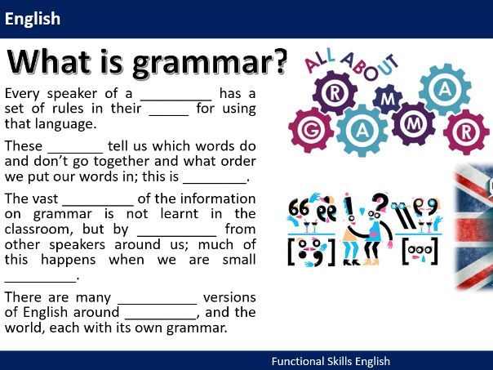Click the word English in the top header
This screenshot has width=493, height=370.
click(x=33, y=19)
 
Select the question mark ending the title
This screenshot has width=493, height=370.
click(x=278, y=62)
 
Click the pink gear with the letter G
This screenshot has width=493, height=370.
click(x=311, y=130)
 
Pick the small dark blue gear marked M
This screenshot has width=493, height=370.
click(x=388, y=99)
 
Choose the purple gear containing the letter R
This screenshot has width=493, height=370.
click(x=335, y=93)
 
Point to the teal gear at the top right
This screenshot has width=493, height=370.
click(x=445, y=90)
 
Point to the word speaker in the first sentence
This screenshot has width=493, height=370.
click(x=72, y=94)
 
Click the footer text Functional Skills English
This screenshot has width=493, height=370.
click(x=331, y=361)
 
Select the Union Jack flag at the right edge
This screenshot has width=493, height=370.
click(x=474, y=226)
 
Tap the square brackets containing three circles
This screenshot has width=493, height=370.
click(x=420, y=251)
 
